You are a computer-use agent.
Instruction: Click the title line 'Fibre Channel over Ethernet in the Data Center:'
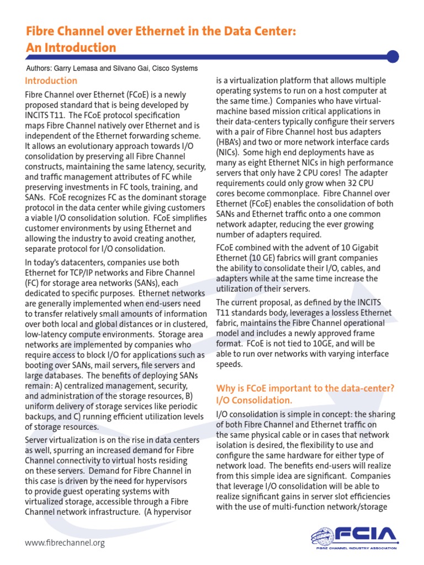point(161,33)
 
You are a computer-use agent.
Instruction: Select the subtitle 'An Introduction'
point(71,48)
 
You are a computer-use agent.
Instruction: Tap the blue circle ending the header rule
point(393,56)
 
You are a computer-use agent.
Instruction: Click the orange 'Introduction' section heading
point(51,81)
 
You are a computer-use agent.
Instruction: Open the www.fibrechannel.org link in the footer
point(65,543)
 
